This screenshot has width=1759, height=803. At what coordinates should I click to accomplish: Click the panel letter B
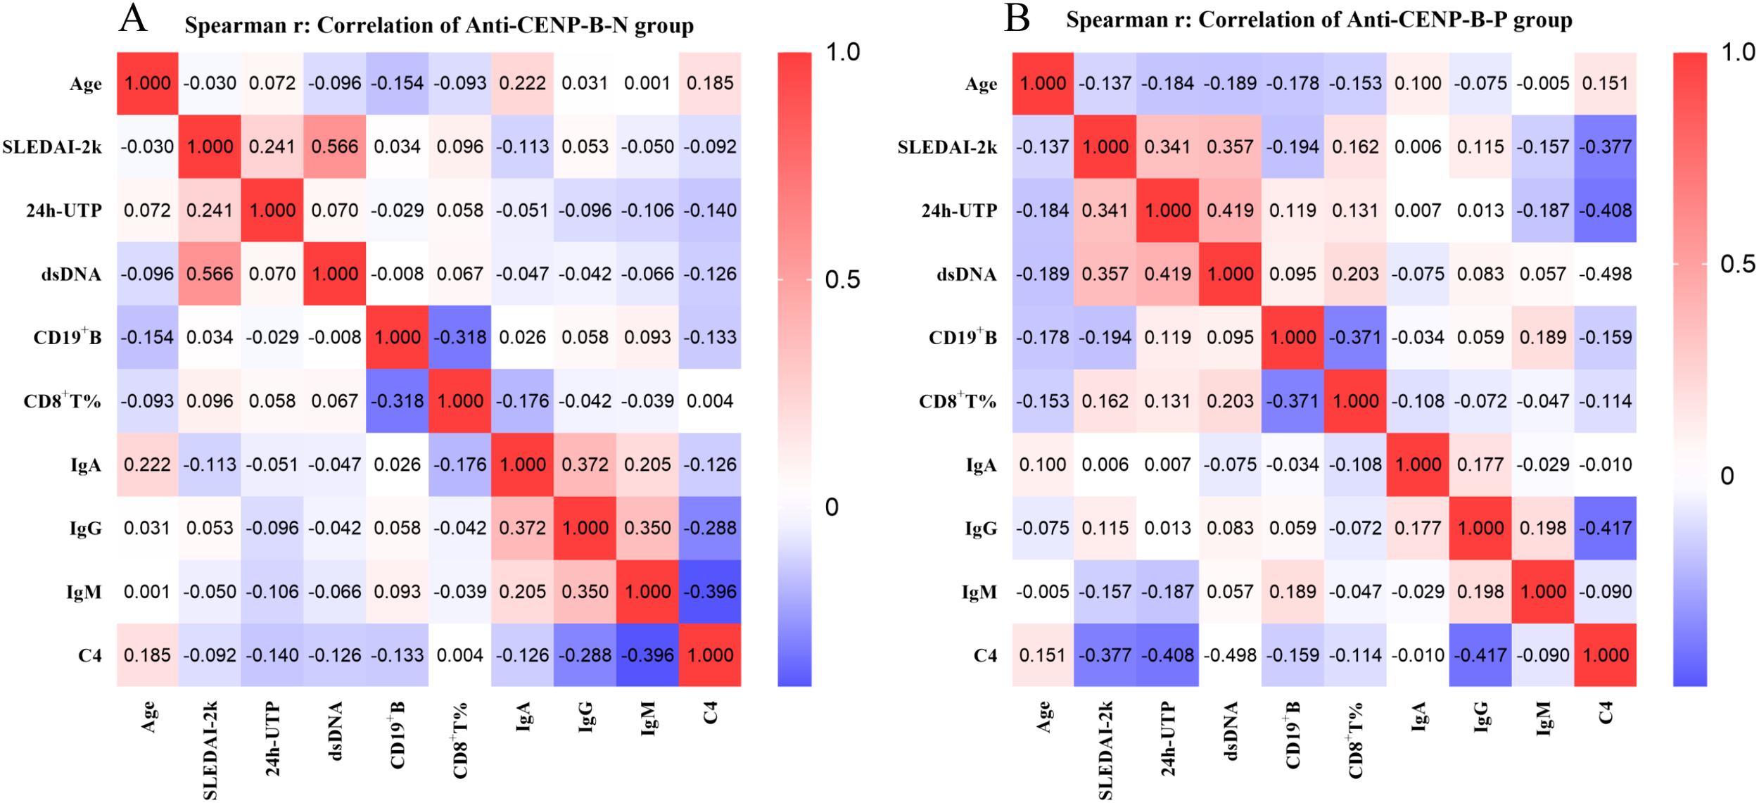coord(1017,18)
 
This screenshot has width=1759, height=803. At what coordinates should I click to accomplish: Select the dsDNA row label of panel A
coord(71,274)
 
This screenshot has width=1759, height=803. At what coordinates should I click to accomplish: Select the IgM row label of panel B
coord(979,593)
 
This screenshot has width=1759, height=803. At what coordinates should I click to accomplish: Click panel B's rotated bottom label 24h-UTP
coord(1168,739)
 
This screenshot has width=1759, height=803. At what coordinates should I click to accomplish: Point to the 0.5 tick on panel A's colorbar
coord(842,280)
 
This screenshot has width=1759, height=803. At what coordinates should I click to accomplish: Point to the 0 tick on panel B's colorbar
coord(1727,476)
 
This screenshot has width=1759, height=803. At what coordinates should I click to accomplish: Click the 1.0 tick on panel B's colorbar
coord(1737,53)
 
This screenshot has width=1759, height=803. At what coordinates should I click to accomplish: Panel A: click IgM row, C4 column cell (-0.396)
coord(710,592)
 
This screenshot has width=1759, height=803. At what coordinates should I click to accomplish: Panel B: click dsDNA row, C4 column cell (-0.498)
coord(1605,274)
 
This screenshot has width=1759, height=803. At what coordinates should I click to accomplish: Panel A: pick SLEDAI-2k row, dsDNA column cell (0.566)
coord(335,146)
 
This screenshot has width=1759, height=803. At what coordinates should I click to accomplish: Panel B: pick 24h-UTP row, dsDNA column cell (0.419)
coord(1230,210)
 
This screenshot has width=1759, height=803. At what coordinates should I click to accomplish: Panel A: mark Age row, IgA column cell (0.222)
coord(522,83)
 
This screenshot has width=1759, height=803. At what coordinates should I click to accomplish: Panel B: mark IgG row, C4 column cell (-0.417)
coord(1605,528)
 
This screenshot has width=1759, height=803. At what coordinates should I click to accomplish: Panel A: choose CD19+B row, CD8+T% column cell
coord(460,337)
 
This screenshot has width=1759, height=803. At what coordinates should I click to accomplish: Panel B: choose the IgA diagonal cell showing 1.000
coord(1418,464)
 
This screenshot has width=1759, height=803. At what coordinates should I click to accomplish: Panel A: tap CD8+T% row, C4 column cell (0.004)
coord(710,401)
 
